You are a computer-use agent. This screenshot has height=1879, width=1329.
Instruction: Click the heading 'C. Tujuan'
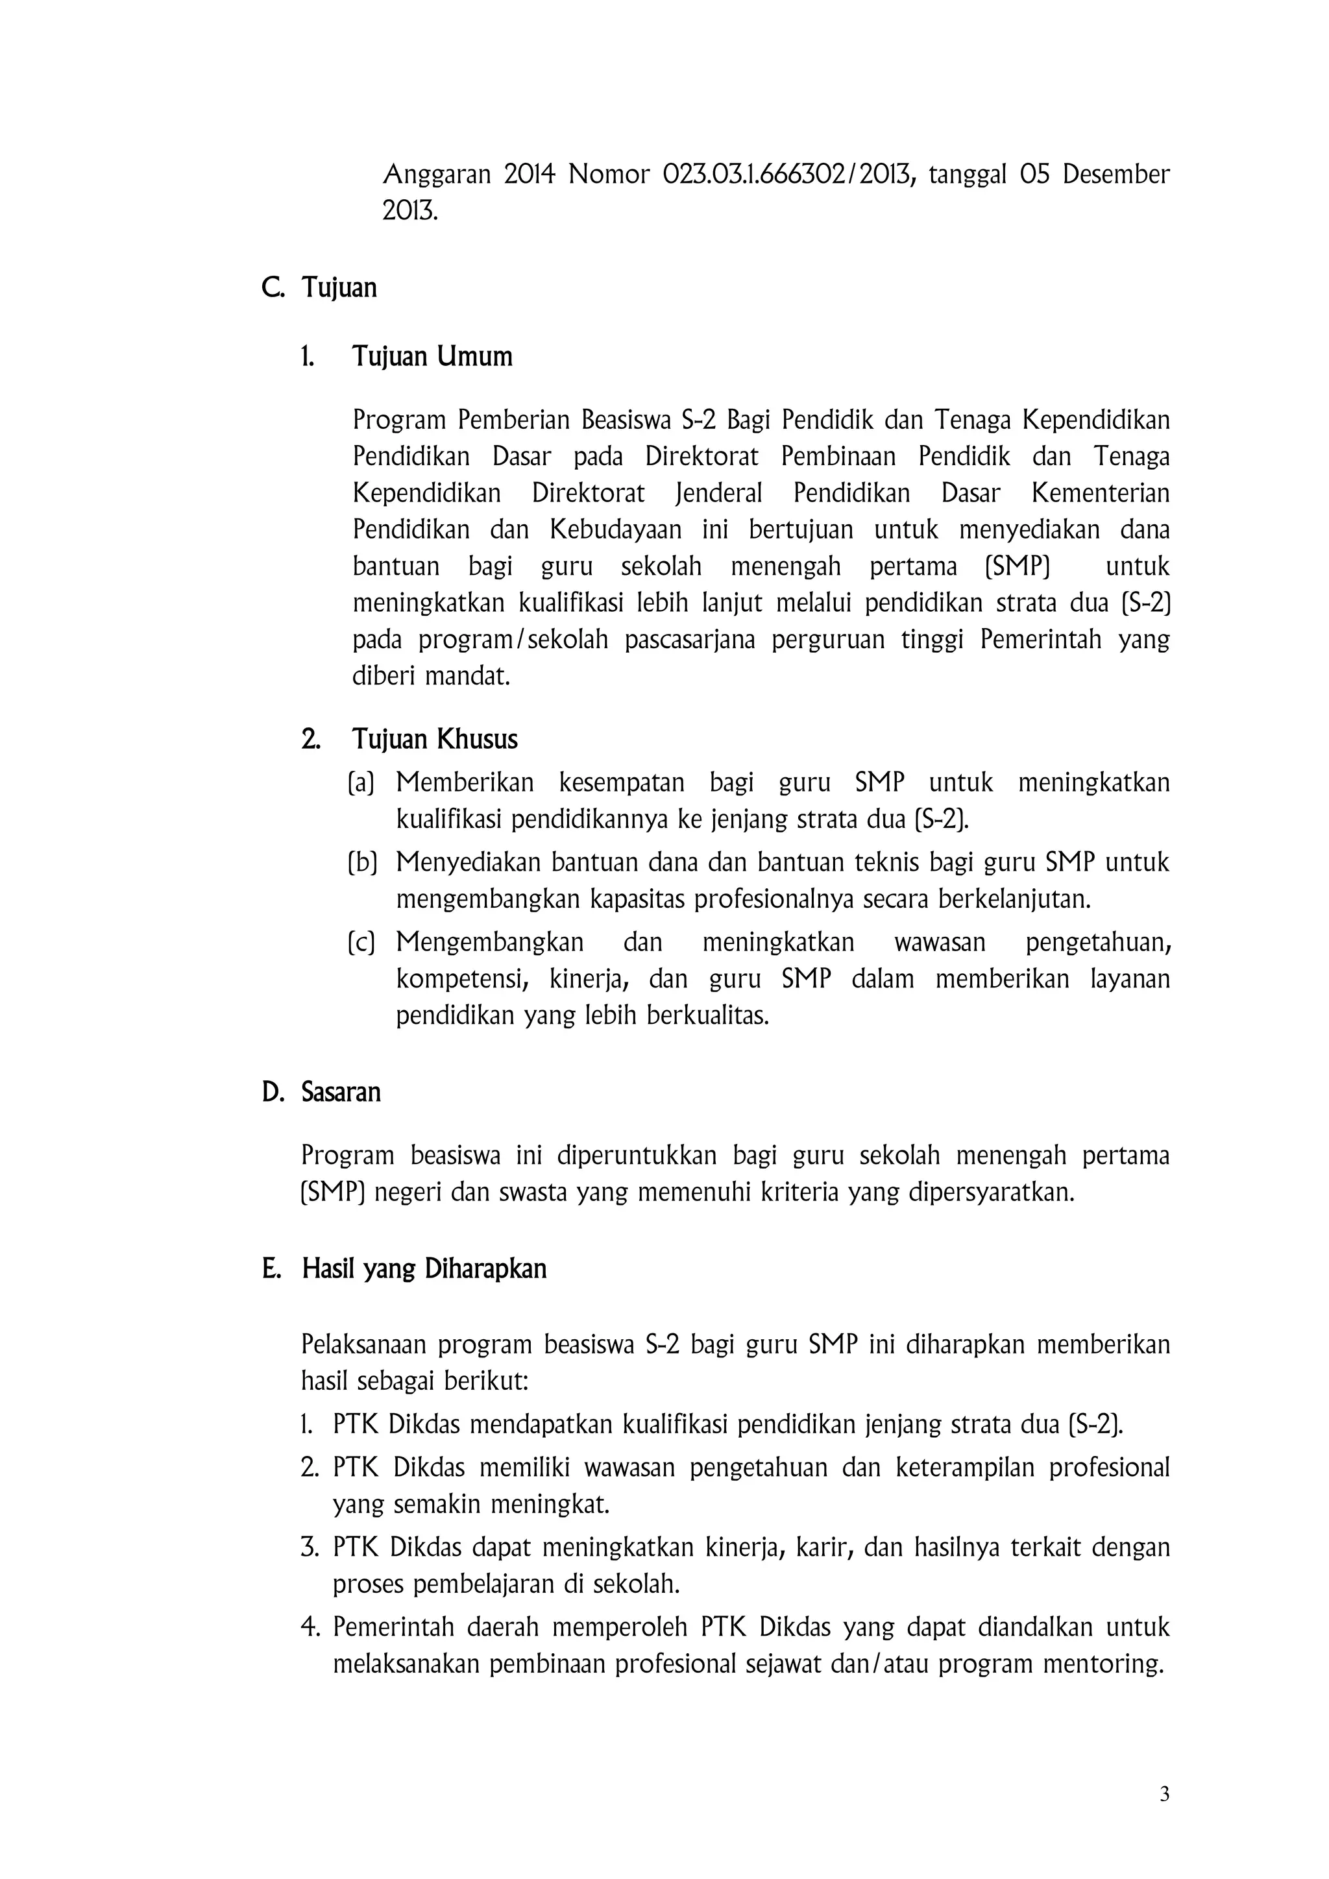(319, 288)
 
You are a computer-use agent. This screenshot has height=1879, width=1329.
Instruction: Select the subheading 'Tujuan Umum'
(432, 357)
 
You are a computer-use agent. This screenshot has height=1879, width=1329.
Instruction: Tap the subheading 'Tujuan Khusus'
(435, 740)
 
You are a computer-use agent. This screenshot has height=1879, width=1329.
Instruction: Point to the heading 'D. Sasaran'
(321, 1093)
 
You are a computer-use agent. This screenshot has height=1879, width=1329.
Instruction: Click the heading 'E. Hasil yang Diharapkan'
(404, 1269)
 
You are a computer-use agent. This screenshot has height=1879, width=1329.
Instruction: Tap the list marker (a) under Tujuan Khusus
(361, 783)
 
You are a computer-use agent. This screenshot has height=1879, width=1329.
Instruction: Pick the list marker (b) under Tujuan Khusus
(361, 862)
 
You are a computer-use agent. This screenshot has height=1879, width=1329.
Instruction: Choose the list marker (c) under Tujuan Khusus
(361, 943)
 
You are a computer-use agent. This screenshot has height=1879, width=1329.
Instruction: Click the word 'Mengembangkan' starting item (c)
(489, 943)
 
